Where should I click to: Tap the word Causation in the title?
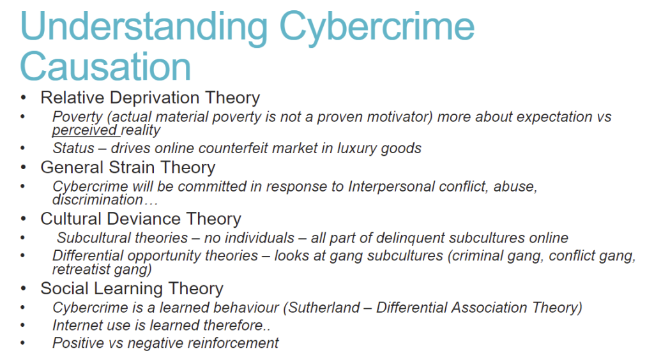coord(105,66)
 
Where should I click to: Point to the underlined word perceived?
coord(85,130)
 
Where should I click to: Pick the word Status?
coord(73,148)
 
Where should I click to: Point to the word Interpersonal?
coord(389,186)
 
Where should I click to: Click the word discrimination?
coord(98,200)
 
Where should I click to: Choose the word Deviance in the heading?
coord(151,219)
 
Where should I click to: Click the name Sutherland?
coord(324,308)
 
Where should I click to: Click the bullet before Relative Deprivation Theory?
coord(24,98)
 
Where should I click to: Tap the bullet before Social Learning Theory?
coord(24,289)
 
